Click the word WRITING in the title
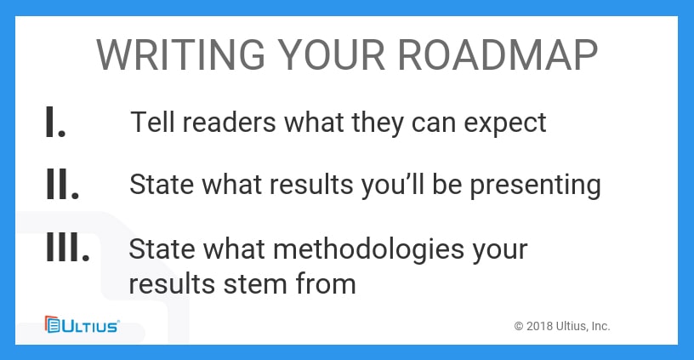coord(180,55)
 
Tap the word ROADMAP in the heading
coord(498,55)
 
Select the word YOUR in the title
coord(332,55)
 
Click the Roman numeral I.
coord(56,122)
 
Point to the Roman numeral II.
coord(62,183)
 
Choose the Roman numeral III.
coord(68,246)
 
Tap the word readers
coord(229,123)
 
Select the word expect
coord(505,124)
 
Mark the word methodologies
coord(369,250)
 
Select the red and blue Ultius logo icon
coord(52,324)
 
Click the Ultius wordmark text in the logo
coord(90,326)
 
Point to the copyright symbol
coord(519,326)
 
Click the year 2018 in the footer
coord(539,326)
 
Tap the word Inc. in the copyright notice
coord(600,326)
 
